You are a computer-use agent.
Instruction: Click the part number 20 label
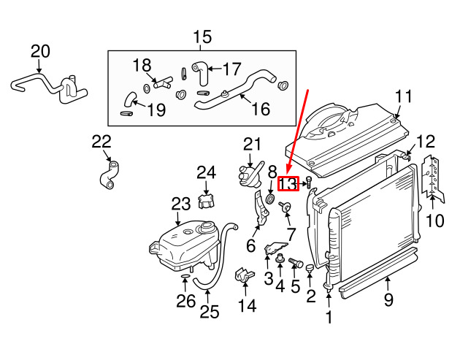pyautogui.click(x=41, y=51)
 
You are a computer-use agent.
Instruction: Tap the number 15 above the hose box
pyautogui.click(x=202, y=37)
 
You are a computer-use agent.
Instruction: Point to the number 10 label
pyautogui.click(x=434, y=219)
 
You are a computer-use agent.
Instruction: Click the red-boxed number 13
pyautogui.click(x=288, y=184)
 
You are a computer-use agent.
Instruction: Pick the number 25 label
pyautogui.click(x=210, y=313)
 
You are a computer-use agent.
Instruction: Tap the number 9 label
pyautogui.click(x=388, y=299)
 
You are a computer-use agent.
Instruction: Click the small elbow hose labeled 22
pyautogui.click(x=108, y=176)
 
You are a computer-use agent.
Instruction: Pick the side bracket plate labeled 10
pyautogui.click(x=434, y=175)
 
